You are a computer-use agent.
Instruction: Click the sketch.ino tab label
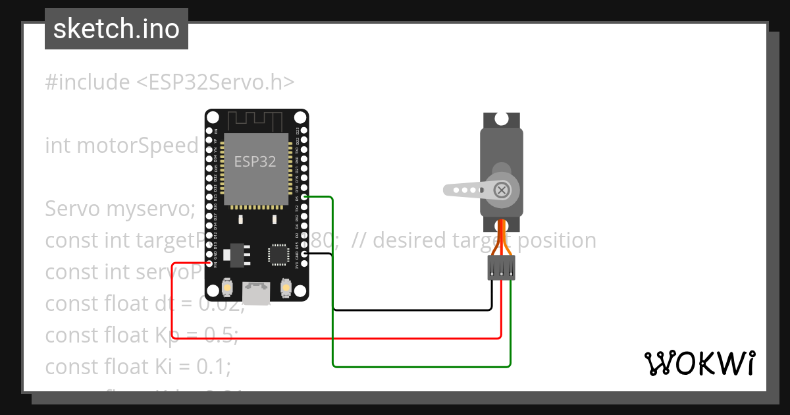[x=116, y=30]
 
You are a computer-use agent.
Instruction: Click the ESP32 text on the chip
[x=255, y=161]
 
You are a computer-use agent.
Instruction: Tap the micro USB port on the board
[x=257, y=293]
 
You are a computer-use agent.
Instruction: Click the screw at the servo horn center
[x=502, y=190]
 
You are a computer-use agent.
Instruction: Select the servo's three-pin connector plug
[x=501, y=267]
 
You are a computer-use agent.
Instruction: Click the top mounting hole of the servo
[x=501, y=119]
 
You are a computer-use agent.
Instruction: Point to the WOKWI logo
[x=699, y=363]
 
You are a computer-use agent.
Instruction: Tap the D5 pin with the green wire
[x=303, y=197]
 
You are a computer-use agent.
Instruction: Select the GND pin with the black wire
[x=303, y=254]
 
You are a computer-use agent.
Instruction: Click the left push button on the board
[x=227, y=287]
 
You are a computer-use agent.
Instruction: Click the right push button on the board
[x=286, y=287]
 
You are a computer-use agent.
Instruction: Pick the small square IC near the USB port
[x=277, y=254]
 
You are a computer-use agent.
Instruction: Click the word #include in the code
[x=88, y=82]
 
